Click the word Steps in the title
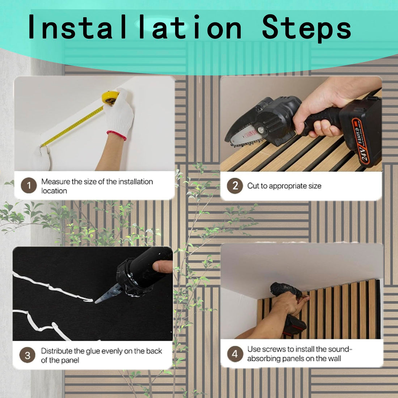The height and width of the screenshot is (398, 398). tap(306, 27)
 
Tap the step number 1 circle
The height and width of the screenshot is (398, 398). tap(29, 186)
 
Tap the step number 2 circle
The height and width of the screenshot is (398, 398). tap(235, 186)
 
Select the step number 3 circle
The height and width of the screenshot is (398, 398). tap(27, 355)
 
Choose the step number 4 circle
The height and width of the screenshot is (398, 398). tap(235, 354)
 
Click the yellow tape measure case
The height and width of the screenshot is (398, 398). tap(110, 97)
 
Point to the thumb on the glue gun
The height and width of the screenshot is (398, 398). tap(162, 267)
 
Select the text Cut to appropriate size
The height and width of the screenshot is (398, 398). tap(284, 186)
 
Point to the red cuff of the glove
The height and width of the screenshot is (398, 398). tap(117, 136)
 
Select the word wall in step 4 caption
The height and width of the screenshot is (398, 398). tap(334, 359)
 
